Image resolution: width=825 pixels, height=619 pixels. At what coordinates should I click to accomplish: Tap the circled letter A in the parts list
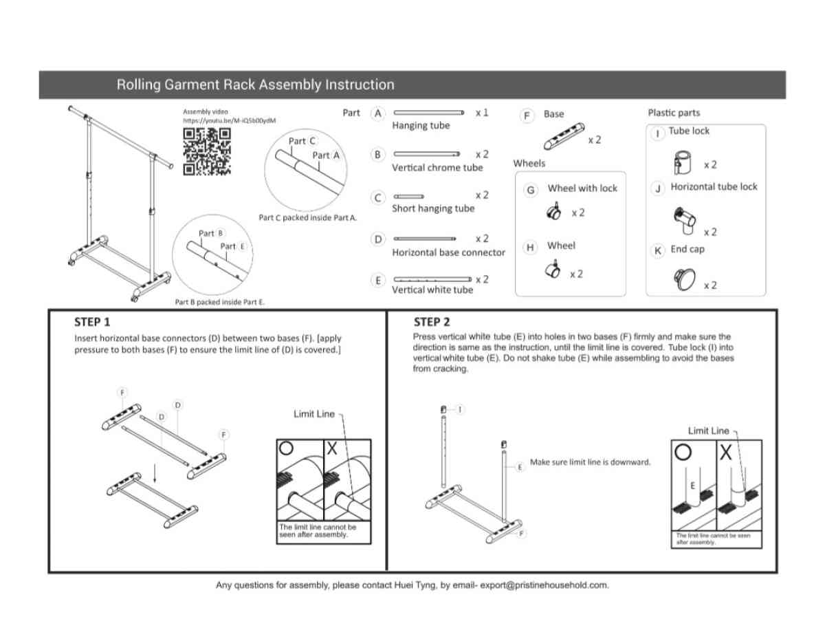(377, 113)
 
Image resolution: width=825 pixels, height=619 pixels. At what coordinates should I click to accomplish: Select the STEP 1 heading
(92, 322)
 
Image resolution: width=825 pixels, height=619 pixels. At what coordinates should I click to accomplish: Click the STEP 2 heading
(432, 322)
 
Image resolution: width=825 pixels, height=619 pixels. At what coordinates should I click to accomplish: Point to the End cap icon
(685, 279)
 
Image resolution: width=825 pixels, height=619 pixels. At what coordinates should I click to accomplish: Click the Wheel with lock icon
(553, 213)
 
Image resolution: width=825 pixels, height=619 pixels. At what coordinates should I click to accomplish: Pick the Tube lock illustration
(682, 164)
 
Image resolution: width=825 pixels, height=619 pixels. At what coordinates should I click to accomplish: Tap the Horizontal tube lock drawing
(685, 220)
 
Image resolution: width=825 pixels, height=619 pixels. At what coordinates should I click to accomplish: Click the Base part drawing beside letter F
(564, 135)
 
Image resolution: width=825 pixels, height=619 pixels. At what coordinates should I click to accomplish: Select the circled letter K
(658, 250)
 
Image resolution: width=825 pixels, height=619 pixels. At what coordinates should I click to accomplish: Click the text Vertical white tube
(432, 290)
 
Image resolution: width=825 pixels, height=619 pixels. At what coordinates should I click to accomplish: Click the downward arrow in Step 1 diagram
(155, 471)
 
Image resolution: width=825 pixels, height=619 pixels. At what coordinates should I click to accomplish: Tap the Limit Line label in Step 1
(314, 413)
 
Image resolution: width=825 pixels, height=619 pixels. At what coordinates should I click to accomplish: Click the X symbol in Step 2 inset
(725, 454)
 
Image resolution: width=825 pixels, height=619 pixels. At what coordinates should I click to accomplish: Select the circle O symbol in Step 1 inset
(287, 448)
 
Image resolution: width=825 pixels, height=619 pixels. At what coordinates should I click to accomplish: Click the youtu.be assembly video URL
(229, 120)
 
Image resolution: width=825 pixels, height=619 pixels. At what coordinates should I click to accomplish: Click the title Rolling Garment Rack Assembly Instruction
(255, 85)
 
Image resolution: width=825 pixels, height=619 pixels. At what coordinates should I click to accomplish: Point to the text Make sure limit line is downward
(590, 462)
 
